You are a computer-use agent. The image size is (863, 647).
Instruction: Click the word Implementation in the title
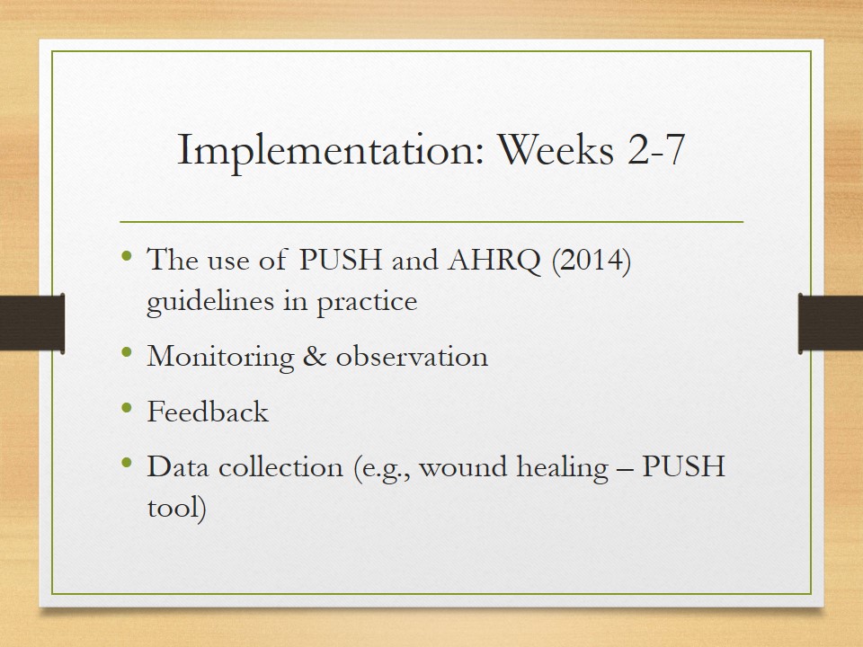tap(330, 150)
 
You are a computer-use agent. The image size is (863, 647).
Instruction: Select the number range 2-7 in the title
tap(656, 149)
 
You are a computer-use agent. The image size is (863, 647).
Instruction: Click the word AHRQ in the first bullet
tap(494, 260)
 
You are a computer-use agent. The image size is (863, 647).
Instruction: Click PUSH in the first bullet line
tap(340, 259)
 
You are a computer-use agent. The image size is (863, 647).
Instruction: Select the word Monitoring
tap(221, 357)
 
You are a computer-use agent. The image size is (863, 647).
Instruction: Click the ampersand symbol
tap(315, 357)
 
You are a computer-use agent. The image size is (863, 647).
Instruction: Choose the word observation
tap(412, 357)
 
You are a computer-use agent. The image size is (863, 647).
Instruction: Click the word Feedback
tap(208, 411)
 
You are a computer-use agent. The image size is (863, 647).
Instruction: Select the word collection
tap(280, 466)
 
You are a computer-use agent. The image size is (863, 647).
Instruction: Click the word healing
tap(563, 467)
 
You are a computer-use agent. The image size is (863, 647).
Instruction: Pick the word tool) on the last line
tap(177, 507)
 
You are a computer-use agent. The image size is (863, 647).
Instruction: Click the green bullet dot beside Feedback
tap(127, 408)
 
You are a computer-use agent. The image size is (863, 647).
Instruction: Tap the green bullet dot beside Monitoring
tap(127, 352)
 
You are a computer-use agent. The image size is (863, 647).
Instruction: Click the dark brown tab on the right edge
tap(831, 323)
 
